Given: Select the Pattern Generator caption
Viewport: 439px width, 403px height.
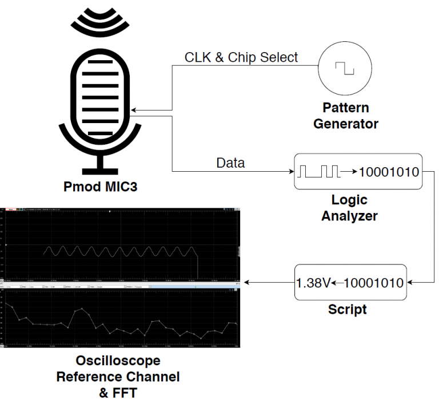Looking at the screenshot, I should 345,116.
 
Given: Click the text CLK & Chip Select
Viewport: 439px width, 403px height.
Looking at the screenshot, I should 241,57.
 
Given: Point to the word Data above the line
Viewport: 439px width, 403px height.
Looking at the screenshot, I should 230,163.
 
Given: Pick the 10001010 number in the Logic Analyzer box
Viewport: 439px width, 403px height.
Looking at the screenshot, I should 389,171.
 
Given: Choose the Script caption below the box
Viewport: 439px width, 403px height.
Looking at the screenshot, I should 347,310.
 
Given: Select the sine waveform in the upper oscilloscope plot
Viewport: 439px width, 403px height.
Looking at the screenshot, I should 120,251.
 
